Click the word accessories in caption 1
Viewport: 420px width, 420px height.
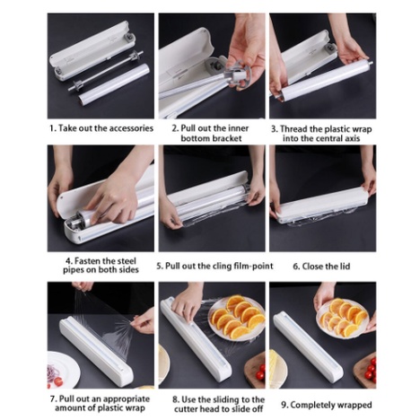click(128, 127)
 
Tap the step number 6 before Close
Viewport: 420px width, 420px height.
click(296, 266)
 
